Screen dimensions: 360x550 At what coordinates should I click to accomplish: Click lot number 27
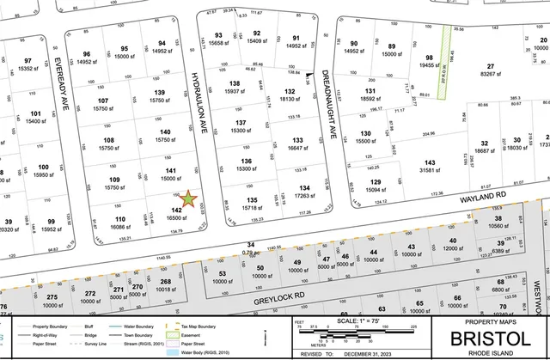[492, 66]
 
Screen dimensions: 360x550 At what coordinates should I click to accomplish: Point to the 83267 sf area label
[492, 74]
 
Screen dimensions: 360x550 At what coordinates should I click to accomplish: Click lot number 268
[166, 282]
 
